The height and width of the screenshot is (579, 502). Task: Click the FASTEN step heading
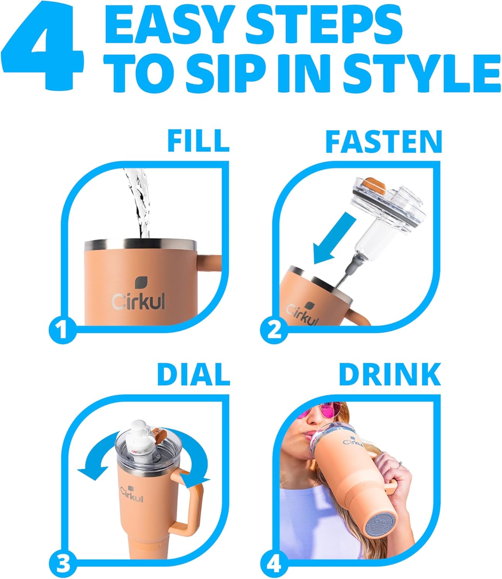click(383, 141)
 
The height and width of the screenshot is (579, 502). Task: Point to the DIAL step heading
click(193, 374)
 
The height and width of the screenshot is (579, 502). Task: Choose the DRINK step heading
click(389, 374)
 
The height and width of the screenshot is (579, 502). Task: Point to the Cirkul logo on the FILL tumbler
click(138, 295)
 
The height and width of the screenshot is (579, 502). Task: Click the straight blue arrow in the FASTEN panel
click(334, 239)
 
